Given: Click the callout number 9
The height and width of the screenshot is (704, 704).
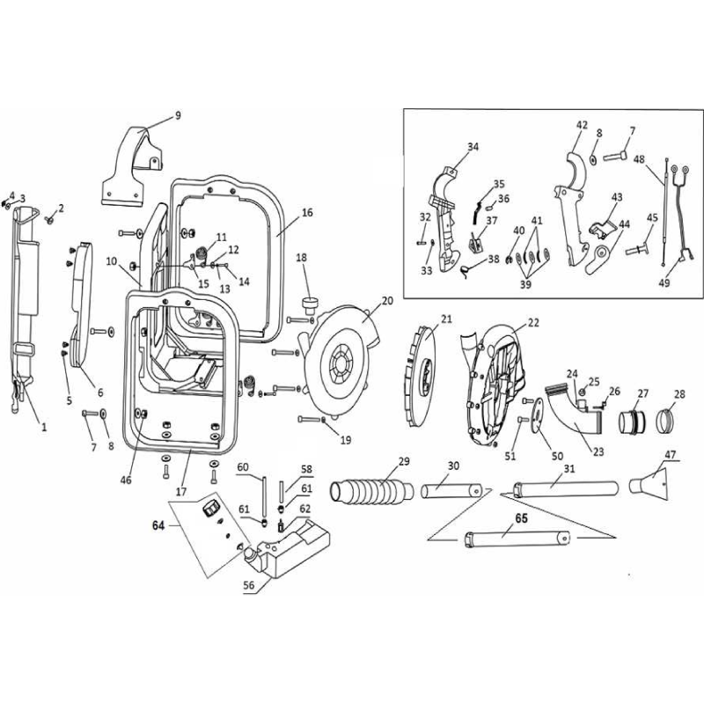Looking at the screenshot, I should [177, 115].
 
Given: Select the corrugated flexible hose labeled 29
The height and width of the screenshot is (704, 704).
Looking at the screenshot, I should [370, 489].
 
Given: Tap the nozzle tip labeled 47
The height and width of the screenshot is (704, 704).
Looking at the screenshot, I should [652, 482].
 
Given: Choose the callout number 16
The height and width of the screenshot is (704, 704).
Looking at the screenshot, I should [306, 213].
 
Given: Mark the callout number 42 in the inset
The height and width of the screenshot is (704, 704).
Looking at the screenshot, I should [582, 125].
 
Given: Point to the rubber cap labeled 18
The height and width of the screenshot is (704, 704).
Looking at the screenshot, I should [308, 304].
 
